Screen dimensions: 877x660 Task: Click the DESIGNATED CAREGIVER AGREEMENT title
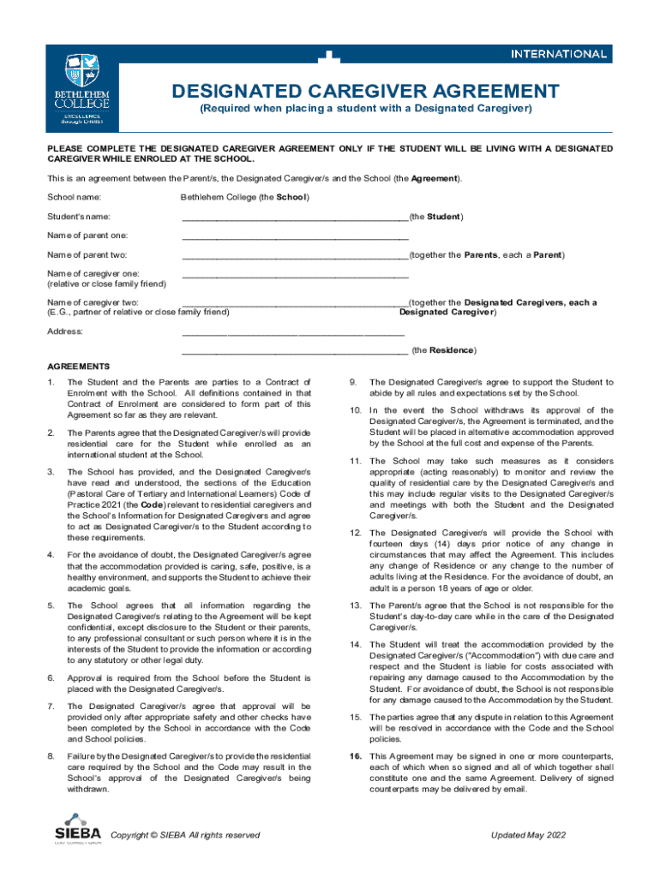coord(366,91)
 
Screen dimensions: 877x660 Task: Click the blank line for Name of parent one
coord(295,237)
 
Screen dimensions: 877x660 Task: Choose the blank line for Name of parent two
coord(295,256)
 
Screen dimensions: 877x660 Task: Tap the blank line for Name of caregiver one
coord(295,276)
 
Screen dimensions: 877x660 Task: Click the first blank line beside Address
coord(293,333)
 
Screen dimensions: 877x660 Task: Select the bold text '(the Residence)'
coord(444,351)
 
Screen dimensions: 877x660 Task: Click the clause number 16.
coord(355,757)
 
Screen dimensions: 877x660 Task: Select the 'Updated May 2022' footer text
coord(528,836)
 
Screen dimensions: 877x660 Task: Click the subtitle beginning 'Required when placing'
coord(366,110)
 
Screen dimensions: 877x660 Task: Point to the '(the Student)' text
coord(436,218)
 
